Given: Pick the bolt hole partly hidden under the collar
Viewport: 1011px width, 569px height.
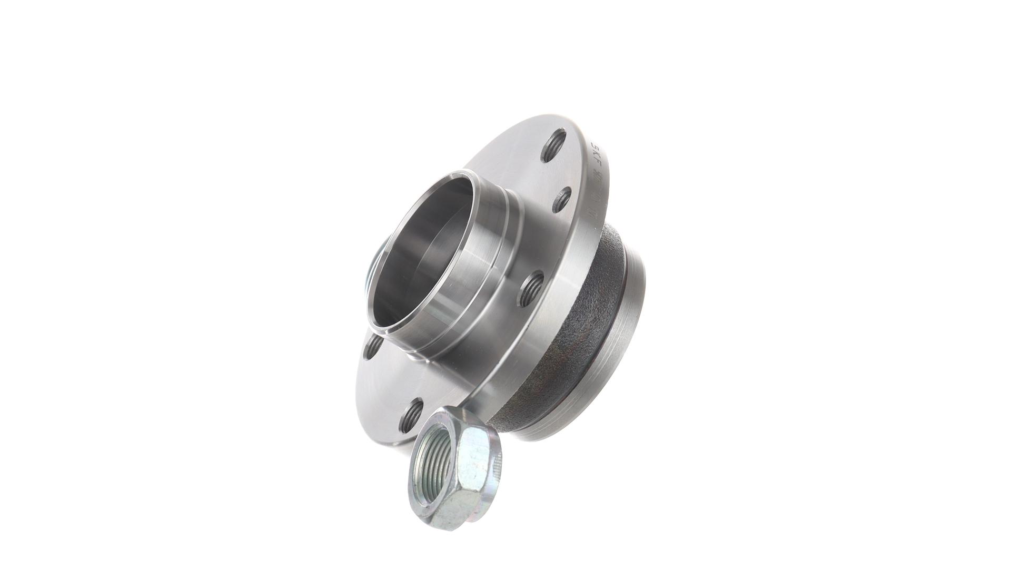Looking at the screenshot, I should (x=375, y=345).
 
